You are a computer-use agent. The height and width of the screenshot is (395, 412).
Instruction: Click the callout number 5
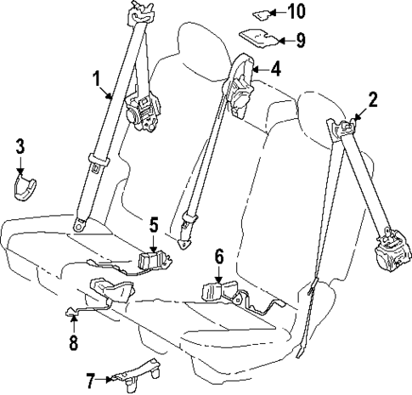[153, 225]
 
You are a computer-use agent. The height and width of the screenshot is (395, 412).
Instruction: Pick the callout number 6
[218, 254]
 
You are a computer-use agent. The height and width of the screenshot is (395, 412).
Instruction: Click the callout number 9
[300, 39]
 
